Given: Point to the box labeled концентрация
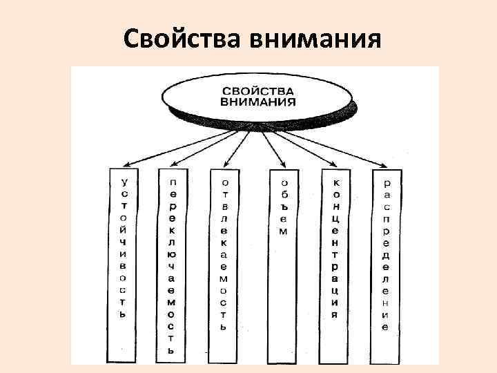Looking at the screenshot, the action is (335, 249).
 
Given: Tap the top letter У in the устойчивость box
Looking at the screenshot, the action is (124, 182).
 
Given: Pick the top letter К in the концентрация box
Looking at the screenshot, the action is (335, 182).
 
